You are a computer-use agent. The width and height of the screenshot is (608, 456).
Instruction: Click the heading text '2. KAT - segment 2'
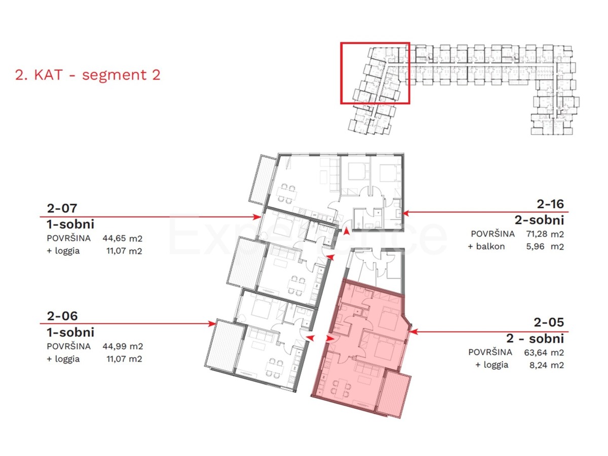point(88,75)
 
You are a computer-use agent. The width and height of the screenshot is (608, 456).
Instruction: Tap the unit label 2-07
point(62,208)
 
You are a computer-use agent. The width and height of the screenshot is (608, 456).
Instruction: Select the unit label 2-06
point(62,316)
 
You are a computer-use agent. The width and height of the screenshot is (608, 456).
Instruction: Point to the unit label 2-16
point(550,204)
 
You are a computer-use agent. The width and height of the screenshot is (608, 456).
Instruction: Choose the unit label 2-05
point(549,322)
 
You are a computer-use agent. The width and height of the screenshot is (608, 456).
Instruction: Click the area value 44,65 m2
point(122,238)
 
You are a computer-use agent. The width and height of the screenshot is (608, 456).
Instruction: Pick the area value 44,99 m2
point(123,346)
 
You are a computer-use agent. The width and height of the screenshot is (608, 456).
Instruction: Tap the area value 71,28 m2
point(545,234)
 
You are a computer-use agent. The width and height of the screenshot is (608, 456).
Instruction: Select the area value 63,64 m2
point(544,353)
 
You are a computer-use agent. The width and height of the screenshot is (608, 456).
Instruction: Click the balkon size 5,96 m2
point(545,246)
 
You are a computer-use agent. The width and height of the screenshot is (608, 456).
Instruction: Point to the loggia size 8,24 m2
point(547,365)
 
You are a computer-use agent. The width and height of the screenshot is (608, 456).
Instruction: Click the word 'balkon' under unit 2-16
point(490,246)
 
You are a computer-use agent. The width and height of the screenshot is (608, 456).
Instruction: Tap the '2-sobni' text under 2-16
point(539,220)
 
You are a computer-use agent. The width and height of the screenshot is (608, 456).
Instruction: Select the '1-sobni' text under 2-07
point(70,224)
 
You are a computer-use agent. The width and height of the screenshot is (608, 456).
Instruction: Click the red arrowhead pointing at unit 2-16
point(406,213)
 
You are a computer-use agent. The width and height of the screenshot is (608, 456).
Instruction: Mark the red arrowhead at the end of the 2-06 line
point(212,323)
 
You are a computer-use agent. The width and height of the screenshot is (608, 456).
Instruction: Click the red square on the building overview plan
point(375,73)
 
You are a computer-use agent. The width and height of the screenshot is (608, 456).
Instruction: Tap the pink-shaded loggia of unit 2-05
point(394,394)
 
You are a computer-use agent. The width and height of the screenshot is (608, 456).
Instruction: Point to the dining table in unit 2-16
point(287,193)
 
